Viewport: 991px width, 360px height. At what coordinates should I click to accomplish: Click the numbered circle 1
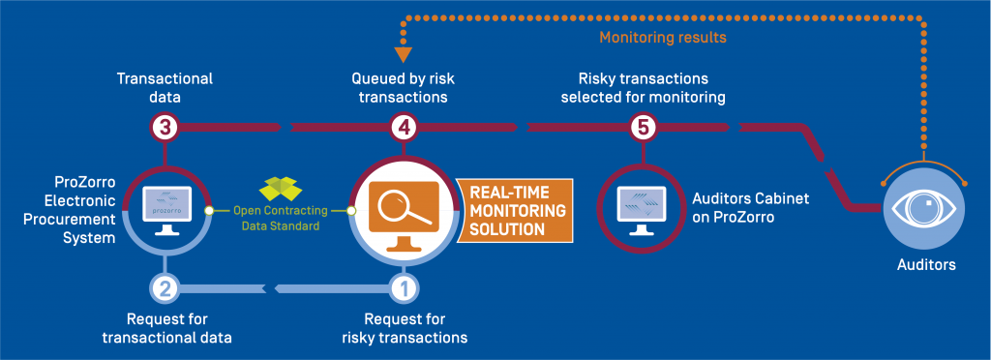(x=404, y=286)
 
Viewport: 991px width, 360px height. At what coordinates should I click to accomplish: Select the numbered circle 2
(x=165, y=286)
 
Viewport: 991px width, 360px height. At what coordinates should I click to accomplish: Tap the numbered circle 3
(x=165, y=126)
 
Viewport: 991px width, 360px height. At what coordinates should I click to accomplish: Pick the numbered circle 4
(x=404, y=126)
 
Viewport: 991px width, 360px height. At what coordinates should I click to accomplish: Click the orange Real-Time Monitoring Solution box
(x=513, y=209)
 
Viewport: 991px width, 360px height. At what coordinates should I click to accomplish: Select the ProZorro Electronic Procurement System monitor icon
(x=165, y=207)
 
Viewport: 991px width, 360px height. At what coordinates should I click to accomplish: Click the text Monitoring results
(x=662, y=38)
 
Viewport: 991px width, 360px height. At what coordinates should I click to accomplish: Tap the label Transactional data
(x=165, y=87)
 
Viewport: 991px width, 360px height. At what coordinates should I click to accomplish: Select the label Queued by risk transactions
(x=404, y=87)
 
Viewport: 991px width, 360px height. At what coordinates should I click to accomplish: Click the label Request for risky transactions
(x=405, y=327)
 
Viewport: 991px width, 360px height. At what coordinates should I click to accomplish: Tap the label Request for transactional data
(x=166, y=327)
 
